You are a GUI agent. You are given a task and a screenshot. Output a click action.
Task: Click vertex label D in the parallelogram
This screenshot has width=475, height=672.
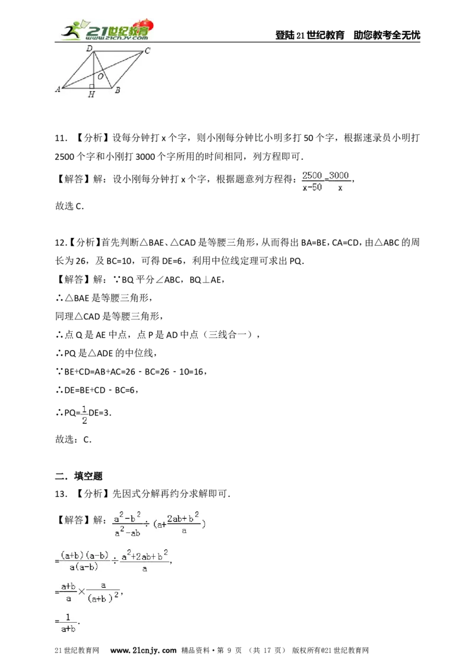89,49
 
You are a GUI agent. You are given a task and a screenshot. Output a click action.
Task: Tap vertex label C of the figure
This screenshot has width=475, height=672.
147,50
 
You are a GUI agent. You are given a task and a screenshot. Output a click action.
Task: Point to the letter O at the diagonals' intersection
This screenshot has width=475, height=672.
101,77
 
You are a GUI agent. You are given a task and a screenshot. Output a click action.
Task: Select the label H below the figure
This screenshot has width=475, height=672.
91,94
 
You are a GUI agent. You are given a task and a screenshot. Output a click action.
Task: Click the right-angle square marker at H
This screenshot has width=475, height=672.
92,86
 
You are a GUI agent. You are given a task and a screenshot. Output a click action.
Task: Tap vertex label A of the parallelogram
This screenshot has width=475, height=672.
58,90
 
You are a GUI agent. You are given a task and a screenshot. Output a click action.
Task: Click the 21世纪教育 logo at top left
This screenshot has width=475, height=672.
107,30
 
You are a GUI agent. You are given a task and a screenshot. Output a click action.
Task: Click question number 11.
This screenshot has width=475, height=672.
61,138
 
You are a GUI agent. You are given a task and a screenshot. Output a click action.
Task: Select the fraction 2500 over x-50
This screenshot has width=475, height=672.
312,181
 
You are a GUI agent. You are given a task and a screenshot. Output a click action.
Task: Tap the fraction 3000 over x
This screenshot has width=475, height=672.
339,181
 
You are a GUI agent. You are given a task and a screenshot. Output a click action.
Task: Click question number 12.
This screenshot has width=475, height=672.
61,243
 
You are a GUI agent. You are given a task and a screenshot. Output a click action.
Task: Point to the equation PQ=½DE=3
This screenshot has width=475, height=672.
84,414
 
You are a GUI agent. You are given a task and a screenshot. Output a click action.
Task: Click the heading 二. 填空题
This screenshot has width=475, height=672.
79,476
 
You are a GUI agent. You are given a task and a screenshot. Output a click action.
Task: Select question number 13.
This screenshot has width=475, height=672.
61,494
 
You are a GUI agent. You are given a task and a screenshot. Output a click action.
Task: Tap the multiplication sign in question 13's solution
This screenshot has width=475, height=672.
81,592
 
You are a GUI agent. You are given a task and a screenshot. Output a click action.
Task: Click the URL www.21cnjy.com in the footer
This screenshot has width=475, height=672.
143,651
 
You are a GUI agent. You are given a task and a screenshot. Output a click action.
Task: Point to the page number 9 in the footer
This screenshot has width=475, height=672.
229,651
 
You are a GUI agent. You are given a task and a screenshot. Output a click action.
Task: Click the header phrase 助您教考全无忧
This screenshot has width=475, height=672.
387,35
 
